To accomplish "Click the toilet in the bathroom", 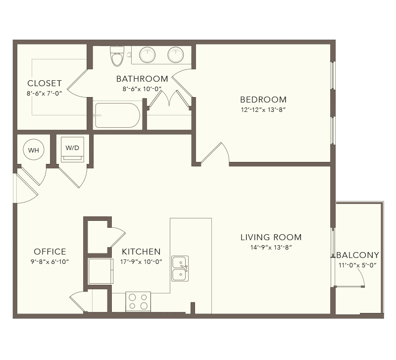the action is (x=117, y=56).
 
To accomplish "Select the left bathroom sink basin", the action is (x=148, y=55).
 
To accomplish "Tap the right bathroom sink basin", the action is (x=176, y=55).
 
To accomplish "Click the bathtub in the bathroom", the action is (x=117, y=115).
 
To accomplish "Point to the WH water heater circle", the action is (x=34, y=150).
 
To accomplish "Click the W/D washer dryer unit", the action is (x=72, y=150).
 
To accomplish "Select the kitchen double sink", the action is (x=180, y=268).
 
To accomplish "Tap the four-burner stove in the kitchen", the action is (x=138, y=302).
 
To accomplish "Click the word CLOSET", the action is (x=45, y=83).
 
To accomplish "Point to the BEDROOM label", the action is (x=263, y=100).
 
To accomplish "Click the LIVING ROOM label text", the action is (x=271, y=237).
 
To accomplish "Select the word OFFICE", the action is (x=50, y=252).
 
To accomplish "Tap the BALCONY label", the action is (x=358, y=255).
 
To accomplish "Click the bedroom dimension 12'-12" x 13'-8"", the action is (x=263, y=109).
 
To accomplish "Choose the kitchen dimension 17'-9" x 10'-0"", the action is (x=141, y=262).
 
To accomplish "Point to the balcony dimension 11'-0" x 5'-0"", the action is (x=357, y=265).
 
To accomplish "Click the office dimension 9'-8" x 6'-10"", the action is (x=50, y=262).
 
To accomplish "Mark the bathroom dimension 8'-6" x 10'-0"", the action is (x=142, y=89).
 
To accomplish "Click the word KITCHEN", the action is (x=141, y=252).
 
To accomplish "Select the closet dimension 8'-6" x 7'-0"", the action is (x=45, y=94).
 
